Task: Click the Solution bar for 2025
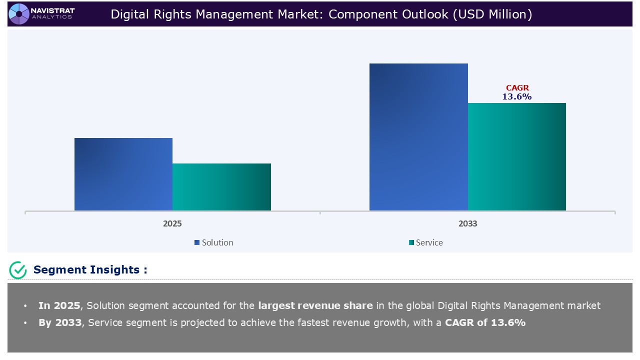(123, 174)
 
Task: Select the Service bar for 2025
(221, 187)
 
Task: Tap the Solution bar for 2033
(418, 137)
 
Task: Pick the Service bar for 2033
(516, 156)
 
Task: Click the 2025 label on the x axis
(172, 223)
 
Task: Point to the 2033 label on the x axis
(467, 223)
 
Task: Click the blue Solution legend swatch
(197, 242)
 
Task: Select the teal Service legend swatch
(411, 242)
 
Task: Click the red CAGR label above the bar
(517, 88)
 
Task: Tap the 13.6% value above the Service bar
(517, 97)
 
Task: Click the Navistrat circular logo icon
(19, 13)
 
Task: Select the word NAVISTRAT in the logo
(52, 10)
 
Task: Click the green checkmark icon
(18, 270)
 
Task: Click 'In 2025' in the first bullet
(59, 305)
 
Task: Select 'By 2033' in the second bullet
(60, 322)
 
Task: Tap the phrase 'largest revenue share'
(315, 305)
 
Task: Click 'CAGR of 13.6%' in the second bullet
(485, 322)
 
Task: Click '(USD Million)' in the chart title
(492, 14)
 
